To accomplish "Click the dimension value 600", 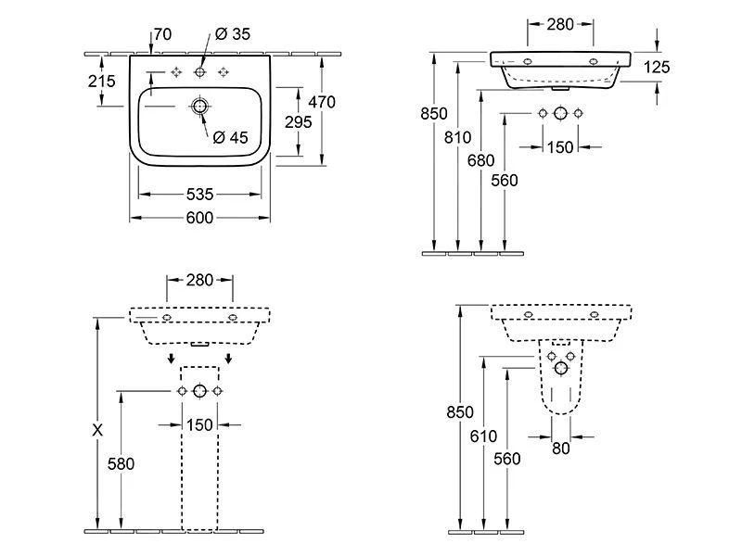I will [x=199, y=218].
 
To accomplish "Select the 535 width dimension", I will [x=199, y=195].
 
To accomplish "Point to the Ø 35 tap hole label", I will [x=233, y=35].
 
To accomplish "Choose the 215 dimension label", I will [x=101, y=82].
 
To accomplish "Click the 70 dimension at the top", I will [x=163, y=35].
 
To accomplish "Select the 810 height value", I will [x=458, y=138].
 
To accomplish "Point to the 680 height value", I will [x=481, y=159].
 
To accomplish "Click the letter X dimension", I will [x=97, y=430].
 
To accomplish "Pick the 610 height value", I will [x=483, y=436].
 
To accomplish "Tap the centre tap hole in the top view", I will [x=199, y=72].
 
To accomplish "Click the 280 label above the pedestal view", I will [x=199, y=279].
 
